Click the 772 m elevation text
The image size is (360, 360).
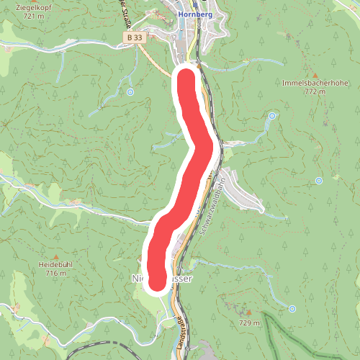point(315,92)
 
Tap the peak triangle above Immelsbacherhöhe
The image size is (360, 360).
point(315,73)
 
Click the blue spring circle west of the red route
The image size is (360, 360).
point(130,92)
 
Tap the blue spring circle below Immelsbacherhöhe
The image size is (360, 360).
point(272,116)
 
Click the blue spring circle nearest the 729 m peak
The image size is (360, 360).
point(292,308)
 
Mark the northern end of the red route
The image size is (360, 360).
point(186,76)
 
